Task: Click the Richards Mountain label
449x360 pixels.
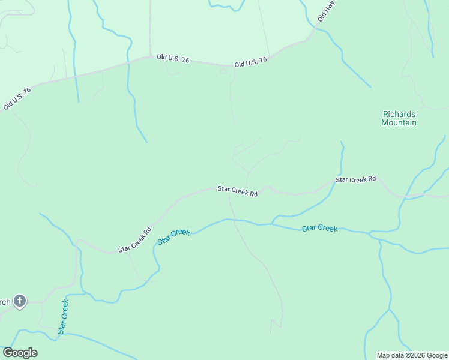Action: [x=399, y=118]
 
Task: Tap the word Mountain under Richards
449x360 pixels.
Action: [x=399, y=122]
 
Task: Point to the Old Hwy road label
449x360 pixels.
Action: [x=325, y=11]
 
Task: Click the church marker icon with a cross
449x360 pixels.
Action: [x=20, y=301]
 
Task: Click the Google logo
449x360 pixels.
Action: [x=20, y=352]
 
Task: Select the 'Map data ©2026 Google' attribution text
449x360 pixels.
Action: [x=412, y=355]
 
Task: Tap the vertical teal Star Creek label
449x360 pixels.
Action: [x=63, y=316]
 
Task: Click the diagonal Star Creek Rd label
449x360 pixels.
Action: [x=135, y=239]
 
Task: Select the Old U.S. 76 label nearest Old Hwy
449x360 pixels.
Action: [x=250, y=63]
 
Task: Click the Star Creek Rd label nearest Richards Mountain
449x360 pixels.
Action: [x=355, y=179]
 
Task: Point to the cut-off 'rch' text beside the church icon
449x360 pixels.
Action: [x=5, y=302]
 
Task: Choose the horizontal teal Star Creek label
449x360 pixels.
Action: [x=319, y=228]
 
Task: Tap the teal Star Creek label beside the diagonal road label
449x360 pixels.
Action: [x=173, y=236]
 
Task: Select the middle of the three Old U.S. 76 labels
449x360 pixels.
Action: [x=173, y=58]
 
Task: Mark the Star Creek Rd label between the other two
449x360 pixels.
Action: [x=237, y=191]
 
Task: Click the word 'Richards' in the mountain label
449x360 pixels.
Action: [x=399, y=114]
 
